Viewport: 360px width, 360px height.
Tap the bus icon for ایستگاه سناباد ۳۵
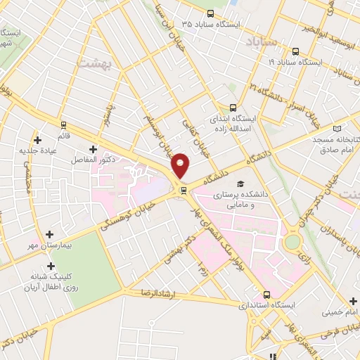pos(210,13)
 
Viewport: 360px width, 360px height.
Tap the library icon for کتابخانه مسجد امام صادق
pos(337,129)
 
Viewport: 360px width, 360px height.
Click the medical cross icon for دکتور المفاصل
pos(94,149)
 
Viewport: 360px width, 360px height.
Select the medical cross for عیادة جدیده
pos(38,130)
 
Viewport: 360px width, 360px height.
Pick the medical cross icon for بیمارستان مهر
pos(49,234)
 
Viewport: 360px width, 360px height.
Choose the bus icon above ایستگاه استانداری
pos(266,295)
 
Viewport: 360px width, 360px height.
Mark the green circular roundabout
pos(292,243)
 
